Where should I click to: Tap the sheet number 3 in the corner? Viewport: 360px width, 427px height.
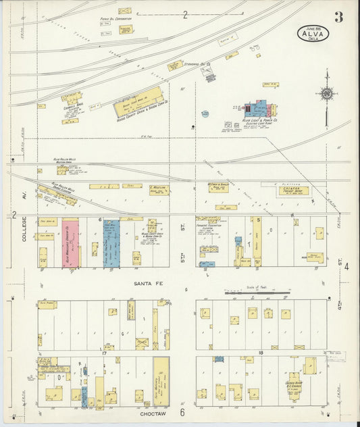tap(338, 18)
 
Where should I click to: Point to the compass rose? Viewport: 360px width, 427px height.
tap(327, 94)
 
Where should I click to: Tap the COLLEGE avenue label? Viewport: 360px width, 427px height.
tap(24, 230)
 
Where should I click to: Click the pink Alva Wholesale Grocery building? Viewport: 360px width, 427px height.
tap(70, 243)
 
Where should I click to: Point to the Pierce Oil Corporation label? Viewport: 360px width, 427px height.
tap(114, 20)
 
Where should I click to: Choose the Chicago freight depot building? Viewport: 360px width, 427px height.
tap(293, 191)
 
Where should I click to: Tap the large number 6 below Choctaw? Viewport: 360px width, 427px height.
tap(182, 412)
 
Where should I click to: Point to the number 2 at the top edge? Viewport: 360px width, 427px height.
tap(184, 15)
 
